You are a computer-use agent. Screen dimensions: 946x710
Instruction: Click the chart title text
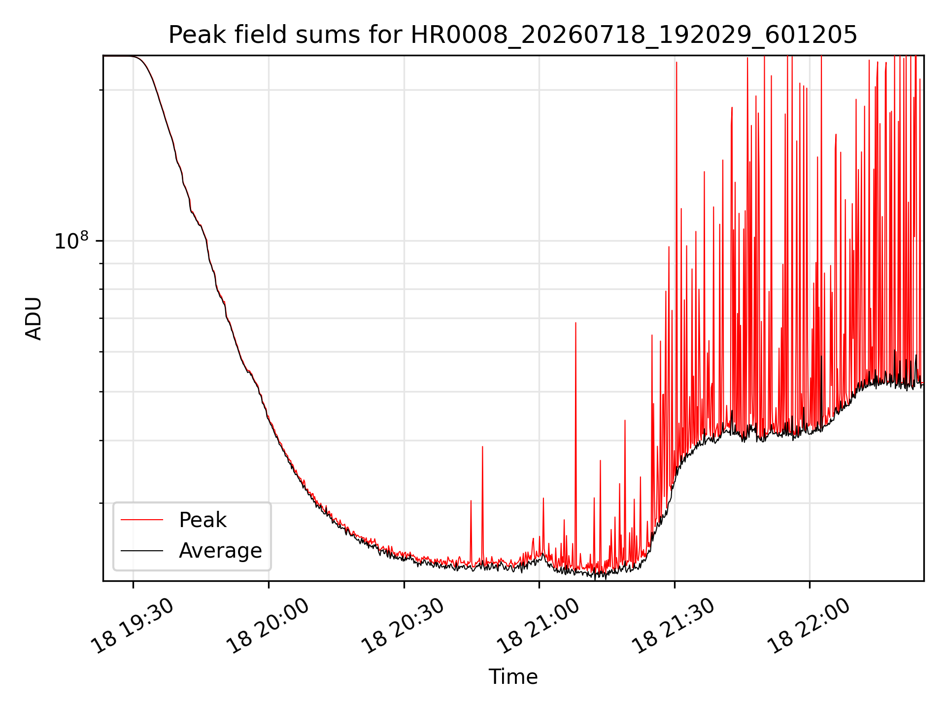click(513, 35)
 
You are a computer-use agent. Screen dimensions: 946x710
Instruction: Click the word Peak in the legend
click(203, 520)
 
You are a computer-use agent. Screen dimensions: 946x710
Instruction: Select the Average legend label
click(220, 551)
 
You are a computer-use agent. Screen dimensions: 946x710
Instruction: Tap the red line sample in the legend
click(142, 520)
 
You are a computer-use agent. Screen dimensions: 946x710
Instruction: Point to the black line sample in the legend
click(142, 550)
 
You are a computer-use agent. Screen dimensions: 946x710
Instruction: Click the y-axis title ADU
click(34, 319)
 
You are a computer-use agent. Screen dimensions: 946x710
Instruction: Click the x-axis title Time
click(513, 677)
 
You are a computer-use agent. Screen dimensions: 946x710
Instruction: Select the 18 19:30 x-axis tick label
click(134, 626)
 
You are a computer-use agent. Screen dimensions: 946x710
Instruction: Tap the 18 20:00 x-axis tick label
click(269, 626)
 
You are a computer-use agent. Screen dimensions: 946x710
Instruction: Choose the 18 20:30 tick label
click(404, 626)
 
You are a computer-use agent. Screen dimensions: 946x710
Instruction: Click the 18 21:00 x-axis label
click(539, 626)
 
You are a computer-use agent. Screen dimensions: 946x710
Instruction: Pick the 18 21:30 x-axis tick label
click(675, 626)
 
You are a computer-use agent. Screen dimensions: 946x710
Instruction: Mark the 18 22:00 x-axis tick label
click(810, 626)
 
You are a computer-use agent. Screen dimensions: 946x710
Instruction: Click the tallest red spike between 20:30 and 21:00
click(482, 447)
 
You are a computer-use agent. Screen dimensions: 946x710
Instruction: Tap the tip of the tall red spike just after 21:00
click(575, 322)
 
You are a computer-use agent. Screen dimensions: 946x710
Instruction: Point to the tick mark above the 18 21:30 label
click(675, 584)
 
